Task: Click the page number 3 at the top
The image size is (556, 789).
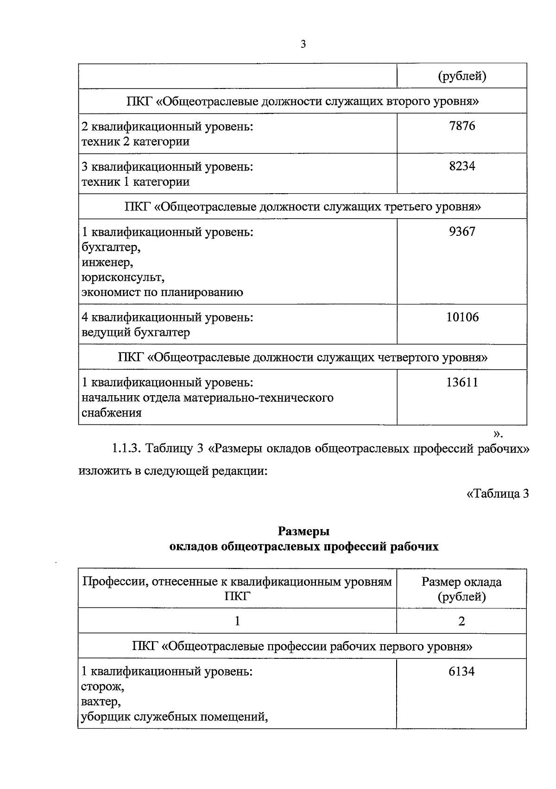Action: [303, 44]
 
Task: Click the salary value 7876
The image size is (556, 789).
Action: [462, 126]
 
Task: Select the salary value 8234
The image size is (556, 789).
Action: [462, 166]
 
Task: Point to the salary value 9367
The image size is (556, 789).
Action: [462, 232]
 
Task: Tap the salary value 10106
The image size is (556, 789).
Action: [462, 317]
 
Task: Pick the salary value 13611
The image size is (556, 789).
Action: [462, 382]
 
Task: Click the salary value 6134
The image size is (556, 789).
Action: [461, 671]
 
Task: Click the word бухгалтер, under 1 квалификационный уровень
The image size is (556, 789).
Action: [111, 247]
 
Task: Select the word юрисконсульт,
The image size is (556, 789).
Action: [123, 278]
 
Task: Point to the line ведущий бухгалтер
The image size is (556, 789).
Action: [135, 333]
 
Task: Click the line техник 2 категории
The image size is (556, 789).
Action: [135, 141]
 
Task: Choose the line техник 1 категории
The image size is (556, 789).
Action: [135, 182]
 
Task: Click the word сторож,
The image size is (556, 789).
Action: [102, 687]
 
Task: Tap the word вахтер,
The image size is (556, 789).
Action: [101, 702]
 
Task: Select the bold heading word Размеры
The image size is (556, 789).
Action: [303, 531]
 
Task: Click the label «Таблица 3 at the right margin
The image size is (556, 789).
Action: [497, 494]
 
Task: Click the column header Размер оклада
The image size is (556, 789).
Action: [461, 582]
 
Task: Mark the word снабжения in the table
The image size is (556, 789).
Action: [111, 413]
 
